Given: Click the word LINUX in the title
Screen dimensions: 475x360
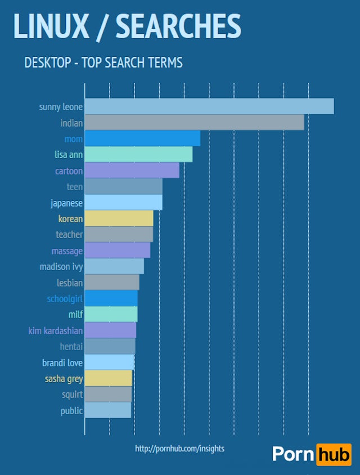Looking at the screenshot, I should coord(51,26).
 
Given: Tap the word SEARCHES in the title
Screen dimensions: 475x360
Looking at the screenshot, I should coord(178,26).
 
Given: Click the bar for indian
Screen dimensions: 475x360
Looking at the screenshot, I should coord(194,123).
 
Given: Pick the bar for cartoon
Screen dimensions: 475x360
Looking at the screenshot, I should coord(132,171).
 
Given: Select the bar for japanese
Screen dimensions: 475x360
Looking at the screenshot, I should coord(123,203).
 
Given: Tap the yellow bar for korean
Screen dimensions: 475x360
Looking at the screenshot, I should coord(119,218).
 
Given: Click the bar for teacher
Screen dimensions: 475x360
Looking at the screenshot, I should coord(119,235).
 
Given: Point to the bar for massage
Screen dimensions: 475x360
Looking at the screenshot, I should coord(117,250).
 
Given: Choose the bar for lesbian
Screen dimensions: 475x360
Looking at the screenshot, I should coord(111,283).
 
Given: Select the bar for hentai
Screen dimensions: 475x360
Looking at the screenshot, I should coord(110,346).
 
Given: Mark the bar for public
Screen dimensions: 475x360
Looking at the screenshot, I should coord(107,410).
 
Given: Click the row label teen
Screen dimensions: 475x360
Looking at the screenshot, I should coord(74,187).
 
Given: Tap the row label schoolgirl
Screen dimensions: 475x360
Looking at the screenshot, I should coord(64,299).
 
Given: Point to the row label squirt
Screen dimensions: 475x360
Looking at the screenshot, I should coord(72,395).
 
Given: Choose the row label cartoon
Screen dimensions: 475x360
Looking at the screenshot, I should coord(69,171).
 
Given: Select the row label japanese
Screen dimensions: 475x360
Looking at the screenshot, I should coord(66,203).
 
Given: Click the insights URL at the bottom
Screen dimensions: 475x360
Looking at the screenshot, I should coord(179,449).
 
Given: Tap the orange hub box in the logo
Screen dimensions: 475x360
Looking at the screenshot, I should coord(334,454).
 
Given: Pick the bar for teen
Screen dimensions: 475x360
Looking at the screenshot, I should coord(123,187).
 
